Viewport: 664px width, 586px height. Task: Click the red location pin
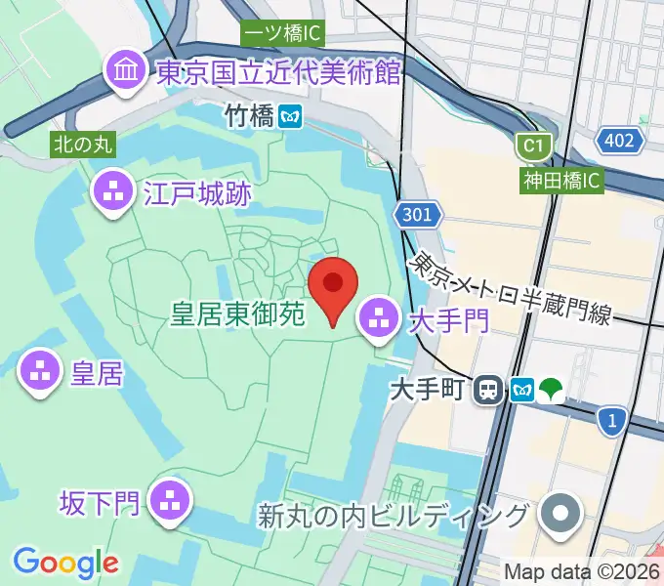click(333, 286)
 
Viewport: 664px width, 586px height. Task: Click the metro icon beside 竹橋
click(289, 117)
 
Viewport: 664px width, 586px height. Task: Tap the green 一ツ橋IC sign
click(282, 32)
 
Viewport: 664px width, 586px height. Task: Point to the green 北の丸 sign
click(83, 145)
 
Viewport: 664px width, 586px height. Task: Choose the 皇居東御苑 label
click(239, 314)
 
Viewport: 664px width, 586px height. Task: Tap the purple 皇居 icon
click(40, 372)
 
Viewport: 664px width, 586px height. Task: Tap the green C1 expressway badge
click(532, 146)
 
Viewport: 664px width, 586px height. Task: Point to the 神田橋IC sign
click(562, 180)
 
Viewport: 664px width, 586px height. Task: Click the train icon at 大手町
click(487, 391)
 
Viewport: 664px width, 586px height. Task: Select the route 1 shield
click(613, 419)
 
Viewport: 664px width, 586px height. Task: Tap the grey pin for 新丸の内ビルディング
click(561, 514)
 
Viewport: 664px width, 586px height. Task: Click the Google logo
click(65, 563)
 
